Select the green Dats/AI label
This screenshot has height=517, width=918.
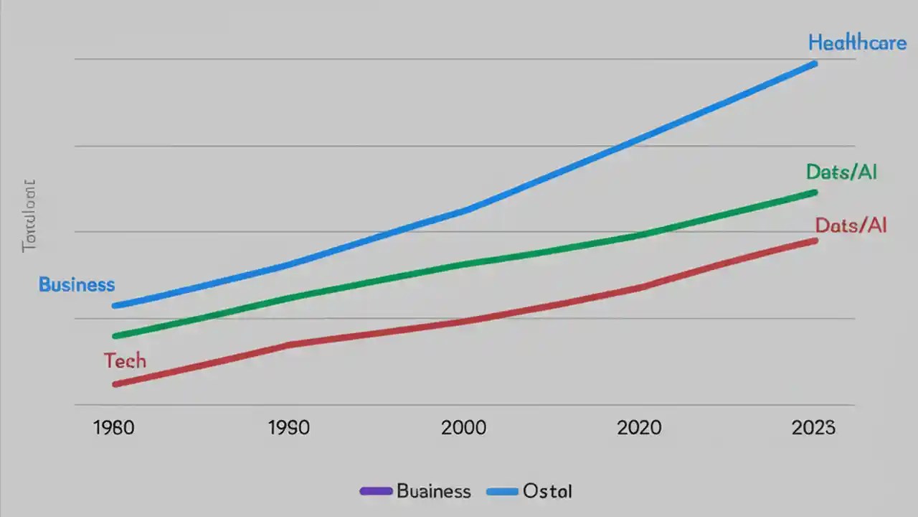click(x=841, y=172)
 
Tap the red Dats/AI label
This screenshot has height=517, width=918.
click(x=851, y=225)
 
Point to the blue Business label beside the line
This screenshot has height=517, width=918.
click(x=77, y=285)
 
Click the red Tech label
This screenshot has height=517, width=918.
click(x=125, y=360)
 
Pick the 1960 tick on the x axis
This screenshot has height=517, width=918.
click(x=114, y=429)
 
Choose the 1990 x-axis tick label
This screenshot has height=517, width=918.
click(x=288, y=429)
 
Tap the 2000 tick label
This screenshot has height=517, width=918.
click(x=463, y=429)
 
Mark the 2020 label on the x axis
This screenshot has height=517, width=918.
click(x=638, y=429)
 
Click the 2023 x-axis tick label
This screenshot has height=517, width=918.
click(x=813, y=429)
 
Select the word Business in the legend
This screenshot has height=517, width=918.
click(x=434, y=492)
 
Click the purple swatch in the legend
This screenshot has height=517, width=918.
click(x=376, y=492)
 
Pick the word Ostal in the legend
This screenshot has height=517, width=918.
click(x=548, y=492)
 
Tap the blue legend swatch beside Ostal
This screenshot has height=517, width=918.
click(x=502, y=492)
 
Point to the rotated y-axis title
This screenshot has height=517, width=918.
click(x=29, y=216)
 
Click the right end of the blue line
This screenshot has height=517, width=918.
click(x=815, y=64)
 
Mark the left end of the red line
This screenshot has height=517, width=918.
click(x=115, y=384)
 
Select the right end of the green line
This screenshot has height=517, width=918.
click(x=815, y=192)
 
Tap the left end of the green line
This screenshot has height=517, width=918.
click(x=115, y=335)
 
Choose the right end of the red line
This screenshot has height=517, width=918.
click(x=815, y=241)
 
